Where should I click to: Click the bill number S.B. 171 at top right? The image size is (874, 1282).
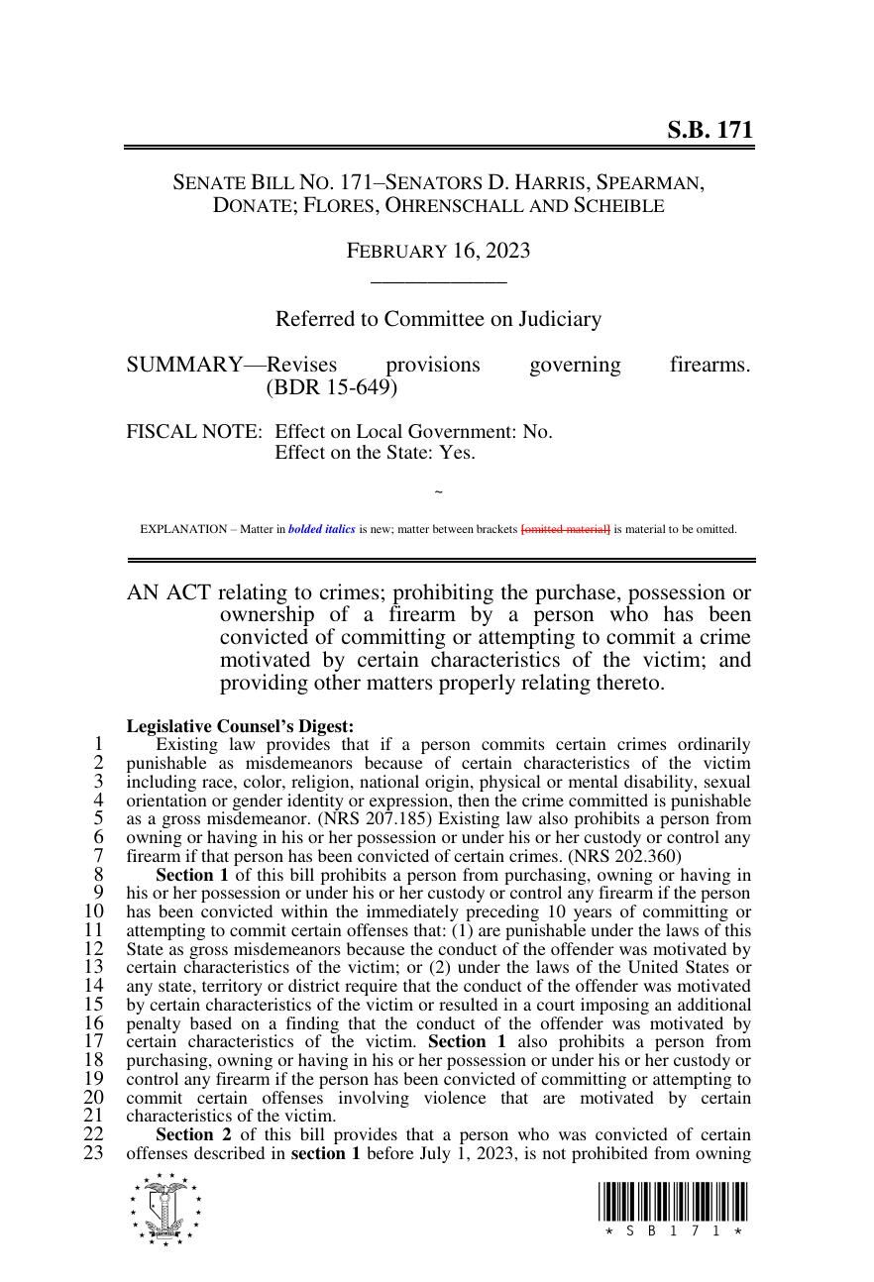[709, 130]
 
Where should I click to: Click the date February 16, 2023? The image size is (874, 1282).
[437, 251]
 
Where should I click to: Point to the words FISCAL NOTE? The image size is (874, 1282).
[194, 432]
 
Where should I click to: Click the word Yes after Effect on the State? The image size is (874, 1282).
[457, 453]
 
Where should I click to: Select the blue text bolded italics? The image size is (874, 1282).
[321, 529]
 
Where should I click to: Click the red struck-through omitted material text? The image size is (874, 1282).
[565, 529]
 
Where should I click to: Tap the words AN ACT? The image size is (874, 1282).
[168, 592]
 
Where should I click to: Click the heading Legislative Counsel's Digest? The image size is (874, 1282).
[240, 726]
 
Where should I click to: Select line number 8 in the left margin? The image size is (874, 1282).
[98, 875]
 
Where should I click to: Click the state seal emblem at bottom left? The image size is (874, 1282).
[164, 1209]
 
